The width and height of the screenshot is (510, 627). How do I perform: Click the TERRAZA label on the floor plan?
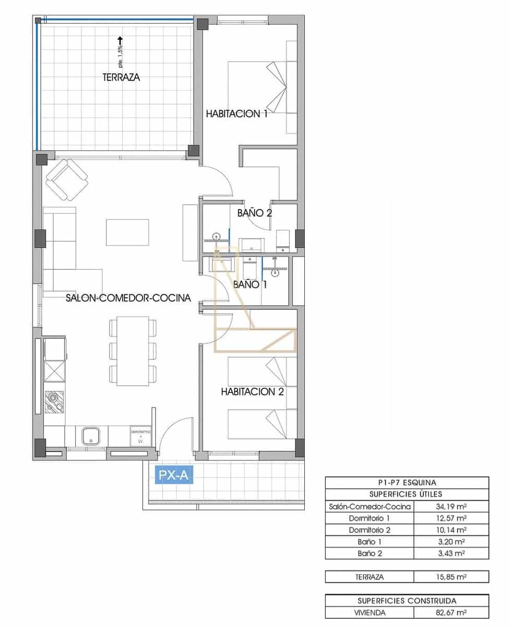point(121,77)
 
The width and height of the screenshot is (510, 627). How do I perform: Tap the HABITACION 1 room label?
point(236,113)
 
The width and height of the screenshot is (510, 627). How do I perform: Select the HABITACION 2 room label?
point(252,391)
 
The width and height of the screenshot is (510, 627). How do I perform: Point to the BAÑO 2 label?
point(255,213)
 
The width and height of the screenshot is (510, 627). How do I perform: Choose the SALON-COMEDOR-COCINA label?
point(128,298)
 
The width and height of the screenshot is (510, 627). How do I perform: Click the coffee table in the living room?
point(127,232)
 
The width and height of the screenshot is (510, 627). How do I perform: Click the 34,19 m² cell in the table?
point(450,506)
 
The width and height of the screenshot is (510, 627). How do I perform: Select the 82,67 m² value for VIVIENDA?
point(450,612)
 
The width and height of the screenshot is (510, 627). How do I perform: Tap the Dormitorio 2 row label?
point(369,530)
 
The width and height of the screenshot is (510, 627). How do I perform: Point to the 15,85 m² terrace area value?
point(450,577)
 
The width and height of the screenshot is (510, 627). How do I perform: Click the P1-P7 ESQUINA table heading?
point(407,483)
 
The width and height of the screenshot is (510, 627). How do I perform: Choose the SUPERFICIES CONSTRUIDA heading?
point(407,601)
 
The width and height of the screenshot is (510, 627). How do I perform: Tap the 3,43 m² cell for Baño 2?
point(450,553)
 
